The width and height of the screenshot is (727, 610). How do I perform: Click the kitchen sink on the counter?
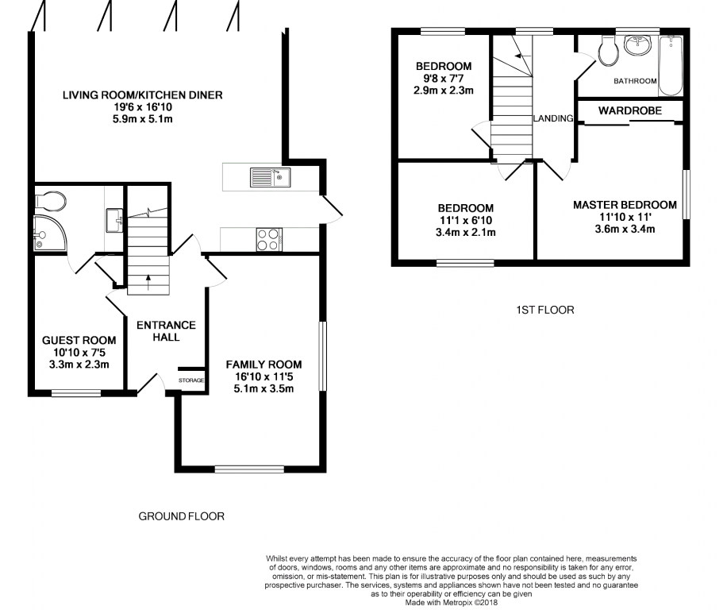[271, 177]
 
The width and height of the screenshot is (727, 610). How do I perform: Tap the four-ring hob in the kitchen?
[269, 239]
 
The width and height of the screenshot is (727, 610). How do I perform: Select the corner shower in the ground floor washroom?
[50, 234]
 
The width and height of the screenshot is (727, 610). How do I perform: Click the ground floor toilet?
[50, 200]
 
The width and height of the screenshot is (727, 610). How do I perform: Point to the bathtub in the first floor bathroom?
[670, 65]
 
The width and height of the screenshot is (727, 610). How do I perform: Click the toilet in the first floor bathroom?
[608, 51]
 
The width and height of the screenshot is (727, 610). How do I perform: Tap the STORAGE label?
[191, 380]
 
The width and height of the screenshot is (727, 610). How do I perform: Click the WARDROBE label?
[629, 110]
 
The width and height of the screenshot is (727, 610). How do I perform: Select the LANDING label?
[553, 118]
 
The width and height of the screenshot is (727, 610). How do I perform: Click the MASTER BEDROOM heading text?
[625, 205]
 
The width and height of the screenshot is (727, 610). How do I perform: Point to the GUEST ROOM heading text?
[79, 341]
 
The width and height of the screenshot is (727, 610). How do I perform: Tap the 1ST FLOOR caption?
[544, 310]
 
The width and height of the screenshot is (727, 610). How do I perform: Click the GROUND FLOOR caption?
[181, 516]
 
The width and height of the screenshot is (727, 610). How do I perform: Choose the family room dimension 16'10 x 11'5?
[263, 376]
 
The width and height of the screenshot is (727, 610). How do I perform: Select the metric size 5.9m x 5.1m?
[143, 119]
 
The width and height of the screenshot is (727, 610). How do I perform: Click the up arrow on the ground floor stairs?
[148, 283]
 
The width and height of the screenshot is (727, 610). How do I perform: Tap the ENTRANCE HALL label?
[166, 331]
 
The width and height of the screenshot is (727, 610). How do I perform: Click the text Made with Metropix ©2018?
[451, 603]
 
